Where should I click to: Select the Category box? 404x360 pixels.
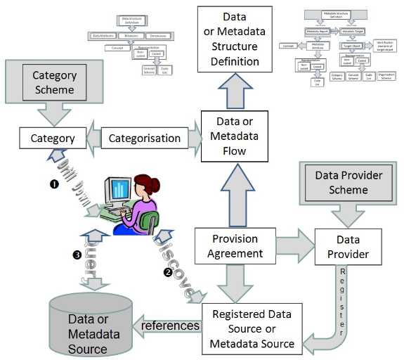coord(52,139)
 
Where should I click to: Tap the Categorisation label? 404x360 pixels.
coord(145,139)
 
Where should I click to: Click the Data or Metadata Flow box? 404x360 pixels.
coord(233,137)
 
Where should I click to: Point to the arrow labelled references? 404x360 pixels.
coord(169,326)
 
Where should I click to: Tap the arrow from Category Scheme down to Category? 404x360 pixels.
coord(48,112)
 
